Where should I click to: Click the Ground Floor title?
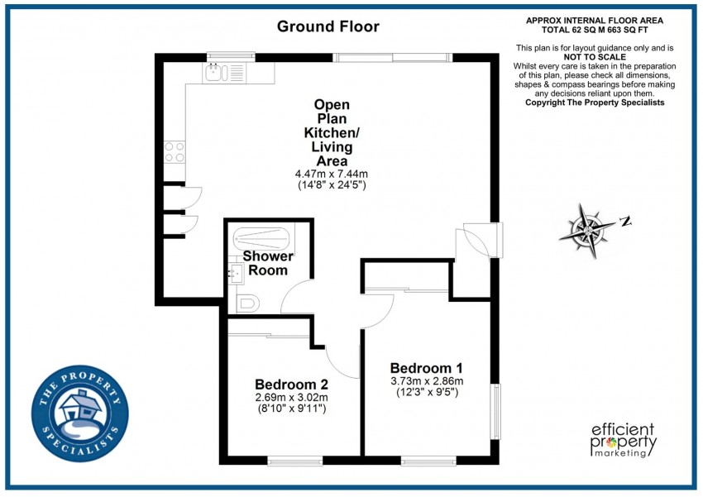[328, 26]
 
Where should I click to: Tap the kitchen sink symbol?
[216, 74]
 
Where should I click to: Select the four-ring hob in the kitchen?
[175, 151]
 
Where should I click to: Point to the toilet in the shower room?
[247, 303]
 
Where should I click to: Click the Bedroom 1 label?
[426, 368]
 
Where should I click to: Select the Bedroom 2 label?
[291, 385]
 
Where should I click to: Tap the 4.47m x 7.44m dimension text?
[332, 174]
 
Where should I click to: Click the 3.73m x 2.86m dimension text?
[426, 381]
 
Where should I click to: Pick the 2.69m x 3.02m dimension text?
[291, 398]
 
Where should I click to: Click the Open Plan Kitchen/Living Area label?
[332, 132]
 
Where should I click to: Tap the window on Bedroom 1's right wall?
[495, 411]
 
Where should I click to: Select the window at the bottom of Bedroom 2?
[295, 461]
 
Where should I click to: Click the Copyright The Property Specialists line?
[595, 103]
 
